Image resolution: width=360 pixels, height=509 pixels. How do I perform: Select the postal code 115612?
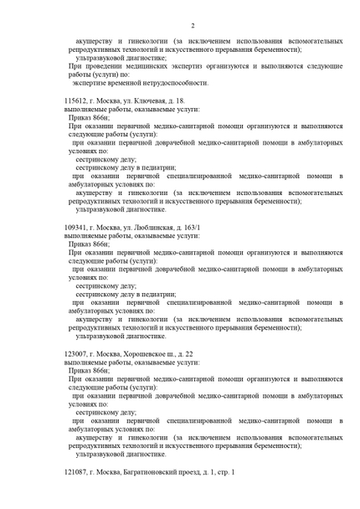pyautogui.click(x=78, y=101)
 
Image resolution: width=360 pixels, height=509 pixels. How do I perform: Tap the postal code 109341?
pyautogui.click(x=78, y=227)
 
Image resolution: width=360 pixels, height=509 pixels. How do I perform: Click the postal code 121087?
pyautogui.click(x=78, y=473)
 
